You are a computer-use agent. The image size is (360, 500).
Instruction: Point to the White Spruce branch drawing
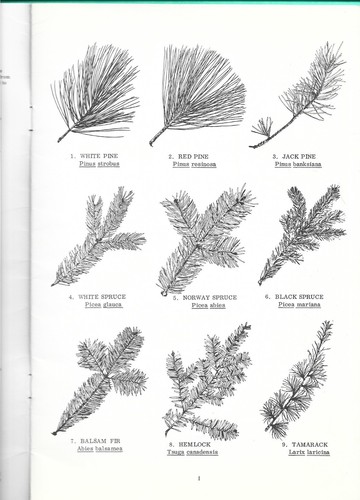[100, 240]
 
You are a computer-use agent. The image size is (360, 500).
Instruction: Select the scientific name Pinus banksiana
[296, 165]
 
